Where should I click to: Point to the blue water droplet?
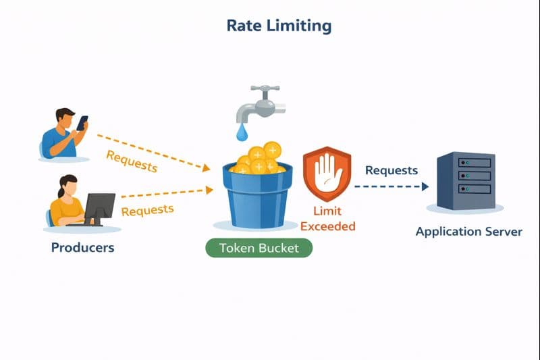tap(242, 132)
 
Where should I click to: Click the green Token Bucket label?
tap(259, 248)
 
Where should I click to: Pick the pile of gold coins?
tap(259, 159)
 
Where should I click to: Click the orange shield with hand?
tap(327, 174)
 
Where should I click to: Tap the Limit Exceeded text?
tap(327, 219)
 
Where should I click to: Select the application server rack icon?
tap(466, 180)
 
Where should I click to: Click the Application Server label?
tap(468, 232)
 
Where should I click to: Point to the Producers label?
tap(82, 247)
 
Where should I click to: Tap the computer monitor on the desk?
tap(99, 207)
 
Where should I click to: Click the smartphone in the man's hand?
tap(82, 123)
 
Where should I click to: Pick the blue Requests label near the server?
tap(391, 170)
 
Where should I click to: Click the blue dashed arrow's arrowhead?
tap(425, 186)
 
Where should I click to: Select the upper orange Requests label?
tap(132, 161)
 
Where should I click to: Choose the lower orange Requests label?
tap(147, 210)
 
